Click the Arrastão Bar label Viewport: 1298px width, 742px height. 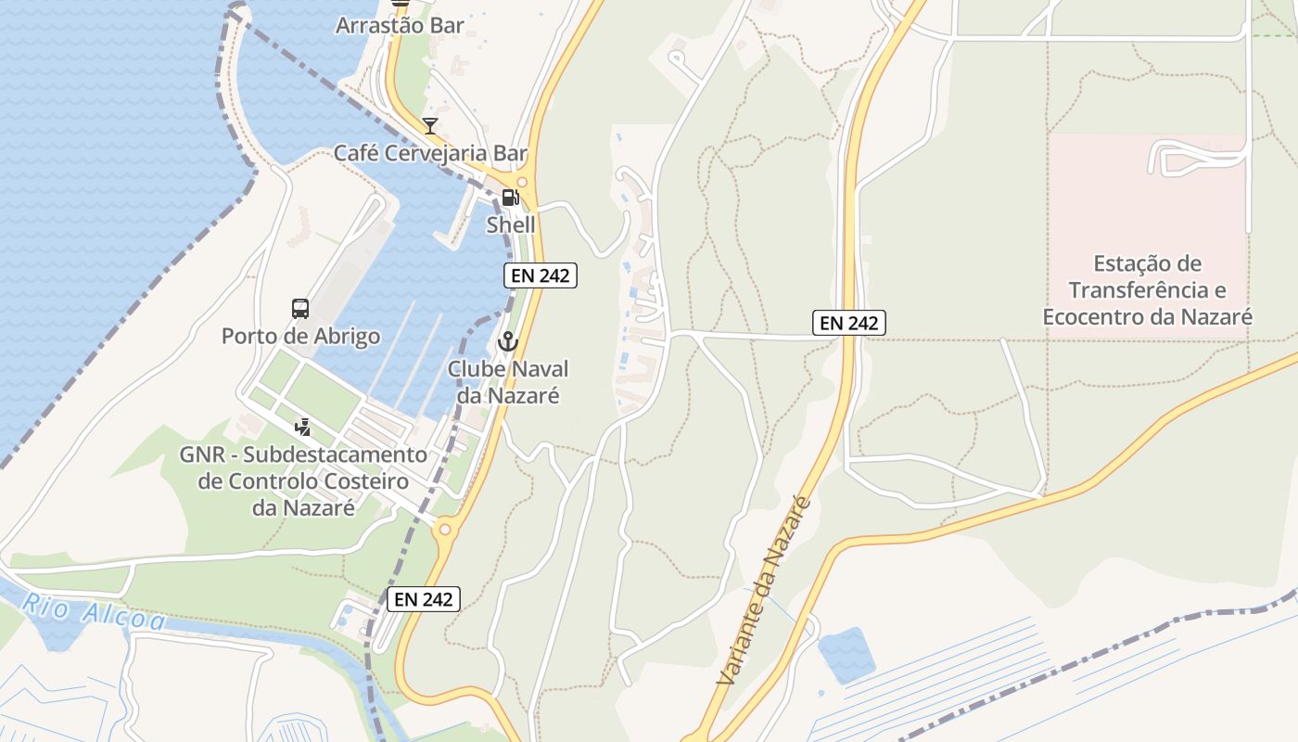(400, 25)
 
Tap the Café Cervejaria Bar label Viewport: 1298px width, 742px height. (430, 153)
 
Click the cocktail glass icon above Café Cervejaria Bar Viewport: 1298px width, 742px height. (429, 126)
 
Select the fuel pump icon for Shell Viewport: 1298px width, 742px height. (510, 198)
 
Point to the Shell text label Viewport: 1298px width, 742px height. (511, 224)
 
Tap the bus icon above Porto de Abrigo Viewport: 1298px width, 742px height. (300, 309)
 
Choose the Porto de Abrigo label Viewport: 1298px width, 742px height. (300, 336)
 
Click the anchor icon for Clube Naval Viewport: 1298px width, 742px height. (507, 342)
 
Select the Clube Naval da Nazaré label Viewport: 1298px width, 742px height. (508, 382)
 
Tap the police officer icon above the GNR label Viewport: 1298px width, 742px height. (302, 428)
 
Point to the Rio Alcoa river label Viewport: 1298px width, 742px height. (94, 612)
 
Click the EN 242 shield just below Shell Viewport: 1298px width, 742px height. (541, 275)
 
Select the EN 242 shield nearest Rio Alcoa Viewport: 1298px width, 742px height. (424, 599)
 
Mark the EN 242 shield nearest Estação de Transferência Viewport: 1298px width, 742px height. (849, 323)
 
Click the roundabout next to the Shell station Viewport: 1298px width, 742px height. (521, 182)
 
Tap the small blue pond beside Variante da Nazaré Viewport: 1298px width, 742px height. (846, 654)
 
